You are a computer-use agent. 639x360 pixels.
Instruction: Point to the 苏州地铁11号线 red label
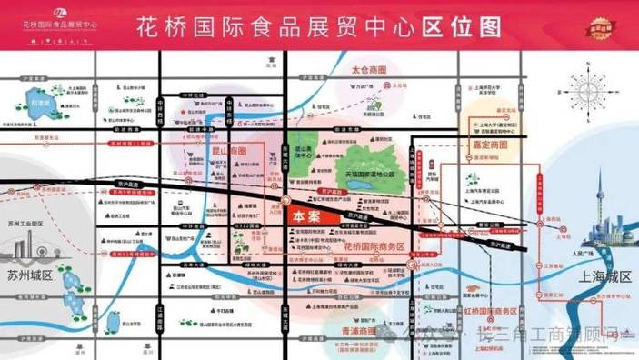pos(136,143)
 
